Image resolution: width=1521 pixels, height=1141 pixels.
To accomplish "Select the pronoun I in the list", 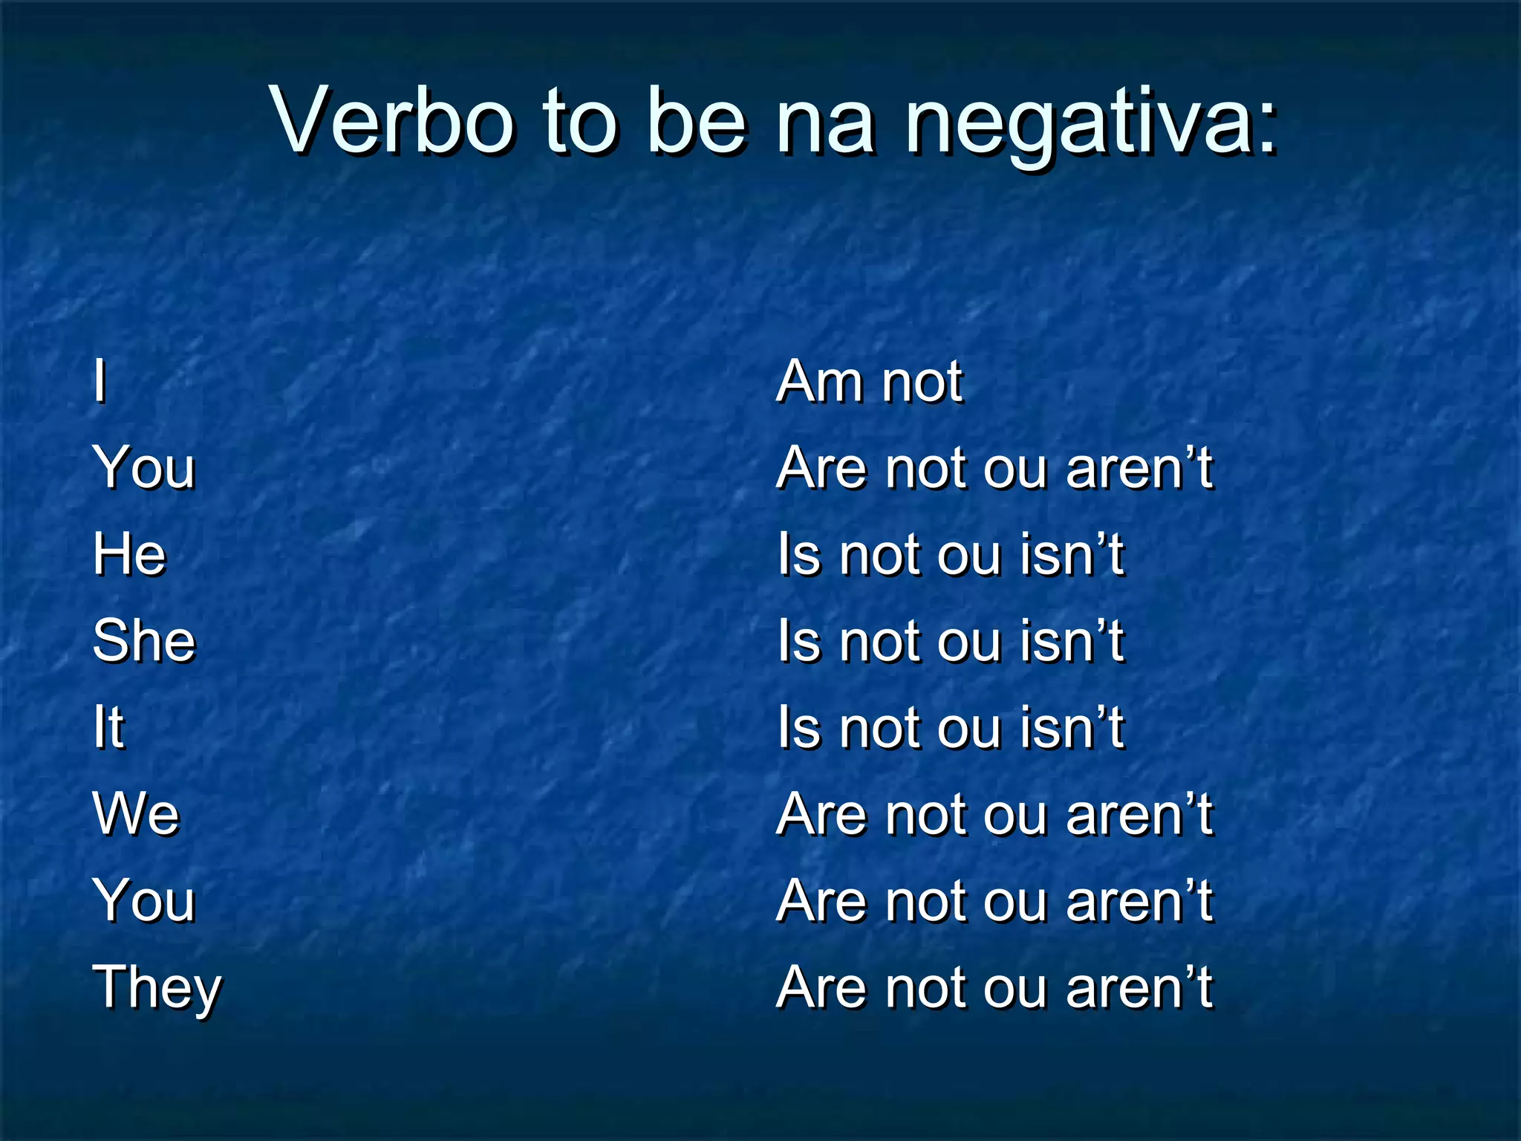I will (100, 382).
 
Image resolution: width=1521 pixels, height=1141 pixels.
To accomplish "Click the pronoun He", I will (129, 554).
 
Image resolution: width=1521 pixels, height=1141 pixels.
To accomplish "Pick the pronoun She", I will (144, 640).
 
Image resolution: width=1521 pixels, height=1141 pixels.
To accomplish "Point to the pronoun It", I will (108, 726).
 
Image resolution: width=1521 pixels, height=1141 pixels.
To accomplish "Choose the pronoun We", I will (136, 813).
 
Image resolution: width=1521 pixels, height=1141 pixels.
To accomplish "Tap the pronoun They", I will (157, 988).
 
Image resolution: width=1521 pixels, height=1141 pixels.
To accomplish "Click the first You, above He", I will (144, 468).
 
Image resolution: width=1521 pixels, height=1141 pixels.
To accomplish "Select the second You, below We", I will (144, 900).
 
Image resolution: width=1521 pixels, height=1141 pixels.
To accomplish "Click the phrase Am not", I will (869, 382).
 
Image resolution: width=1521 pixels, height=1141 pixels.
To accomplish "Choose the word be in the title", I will (695, 120).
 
